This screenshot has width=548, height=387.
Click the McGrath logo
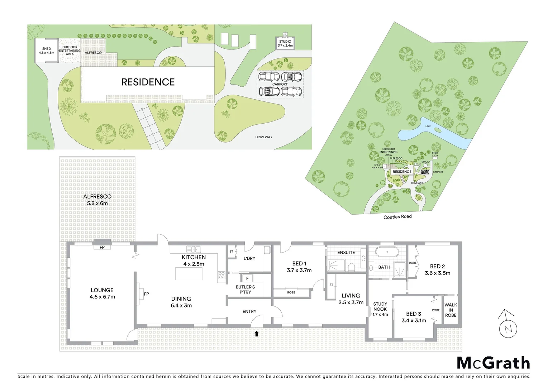pos(493,363)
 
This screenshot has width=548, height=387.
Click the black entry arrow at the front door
pos(256,334)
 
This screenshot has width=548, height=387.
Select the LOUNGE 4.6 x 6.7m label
pos(102,293)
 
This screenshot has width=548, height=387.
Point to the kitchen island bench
pos(189,274)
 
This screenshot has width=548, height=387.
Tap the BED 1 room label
pos(299,267)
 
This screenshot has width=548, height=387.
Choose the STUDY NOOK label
pos(380,309)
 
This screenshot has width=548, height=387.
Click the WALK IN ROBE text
pos(451,310)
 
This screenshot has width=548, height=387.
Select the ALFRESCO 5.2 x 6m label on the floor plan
pos(97,200)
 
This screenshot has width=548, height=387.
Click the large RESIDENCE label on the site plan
pos(148,82)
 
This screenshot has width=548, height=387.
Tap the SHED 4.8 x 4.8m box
pos(46,51)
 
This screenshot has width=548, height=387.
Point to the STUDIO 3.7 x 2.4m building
pos(285,43)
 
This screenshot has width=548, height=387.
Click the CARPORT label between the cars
pos(280,85)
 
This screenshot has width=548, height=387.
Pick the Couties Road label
pos(397,217)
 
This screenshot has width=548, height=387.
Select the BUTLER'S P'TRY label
pos(245,290)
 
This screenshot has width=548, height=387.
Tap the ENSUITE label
pos(346,253)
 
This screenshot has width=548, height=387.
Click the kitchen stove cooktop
pos(221,275)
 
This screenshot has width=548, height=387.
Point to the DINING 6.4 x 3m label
pos(181,302)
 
